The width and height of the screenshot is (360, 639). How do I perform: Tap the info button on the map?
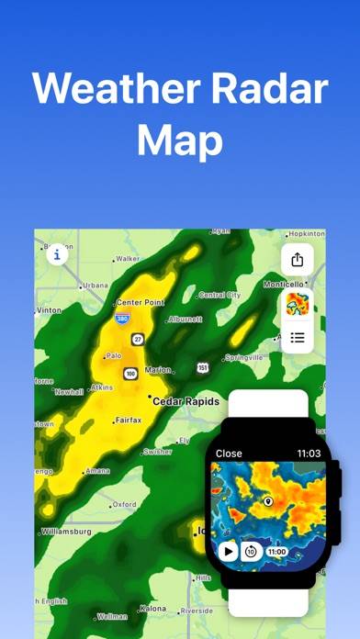58,254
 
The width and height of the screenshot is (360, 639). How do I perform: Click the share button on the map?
297,260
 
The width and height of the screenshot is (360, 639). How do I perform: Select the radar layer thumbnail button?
297,305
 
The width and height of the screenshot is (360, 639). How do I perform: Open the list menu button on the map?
297,337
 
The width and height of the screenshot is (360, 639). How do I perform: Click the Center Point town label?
141,302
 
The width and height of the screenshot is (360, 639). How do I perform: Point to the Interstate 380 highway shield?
122,319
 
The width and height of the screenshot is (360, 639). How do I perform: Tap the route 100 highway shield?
130,374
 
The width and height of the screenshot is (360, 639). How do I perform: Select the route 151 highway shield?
201,367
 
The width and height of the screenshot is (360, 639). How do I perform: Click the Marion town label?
158,370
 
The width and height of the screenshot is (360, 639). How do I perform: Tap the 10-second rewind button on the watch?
251,552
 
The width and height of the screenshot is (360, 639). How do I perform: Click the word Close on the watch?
229,454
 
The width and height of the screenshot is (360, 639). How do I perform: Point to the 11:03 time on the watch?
309,454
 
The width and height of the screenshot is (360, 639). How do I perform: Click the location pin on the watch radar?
268,501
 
